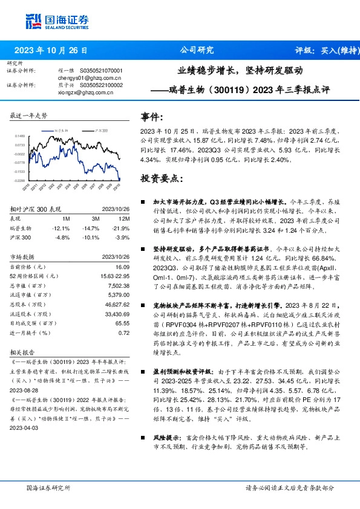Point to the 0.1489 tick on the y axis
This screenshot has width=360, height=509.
tap(20, 137)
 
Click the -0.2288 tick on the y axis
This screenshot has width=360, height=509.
tap(20, 180)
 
